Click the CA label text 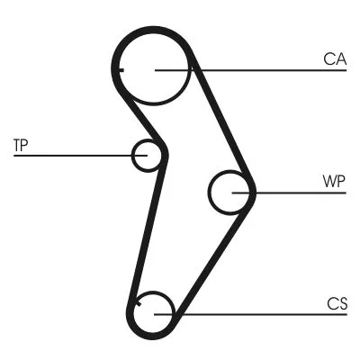click(335, 59)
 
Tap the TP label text click(21, 144)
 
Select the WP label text click(334, 179)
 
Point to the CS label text click(337, 302)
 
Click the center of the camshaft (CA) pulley click(155, 69)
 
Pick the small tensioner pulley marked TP click(148, 156)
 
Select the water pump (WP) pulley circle click(230, 192)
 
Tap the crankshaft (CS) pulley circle click(156, 312)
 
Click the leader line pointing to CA click(261, 69)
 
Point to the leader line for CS click(261, 313)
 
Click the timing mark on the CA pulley click(120, 67)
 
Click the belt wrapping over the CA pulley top click(155, 31)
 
